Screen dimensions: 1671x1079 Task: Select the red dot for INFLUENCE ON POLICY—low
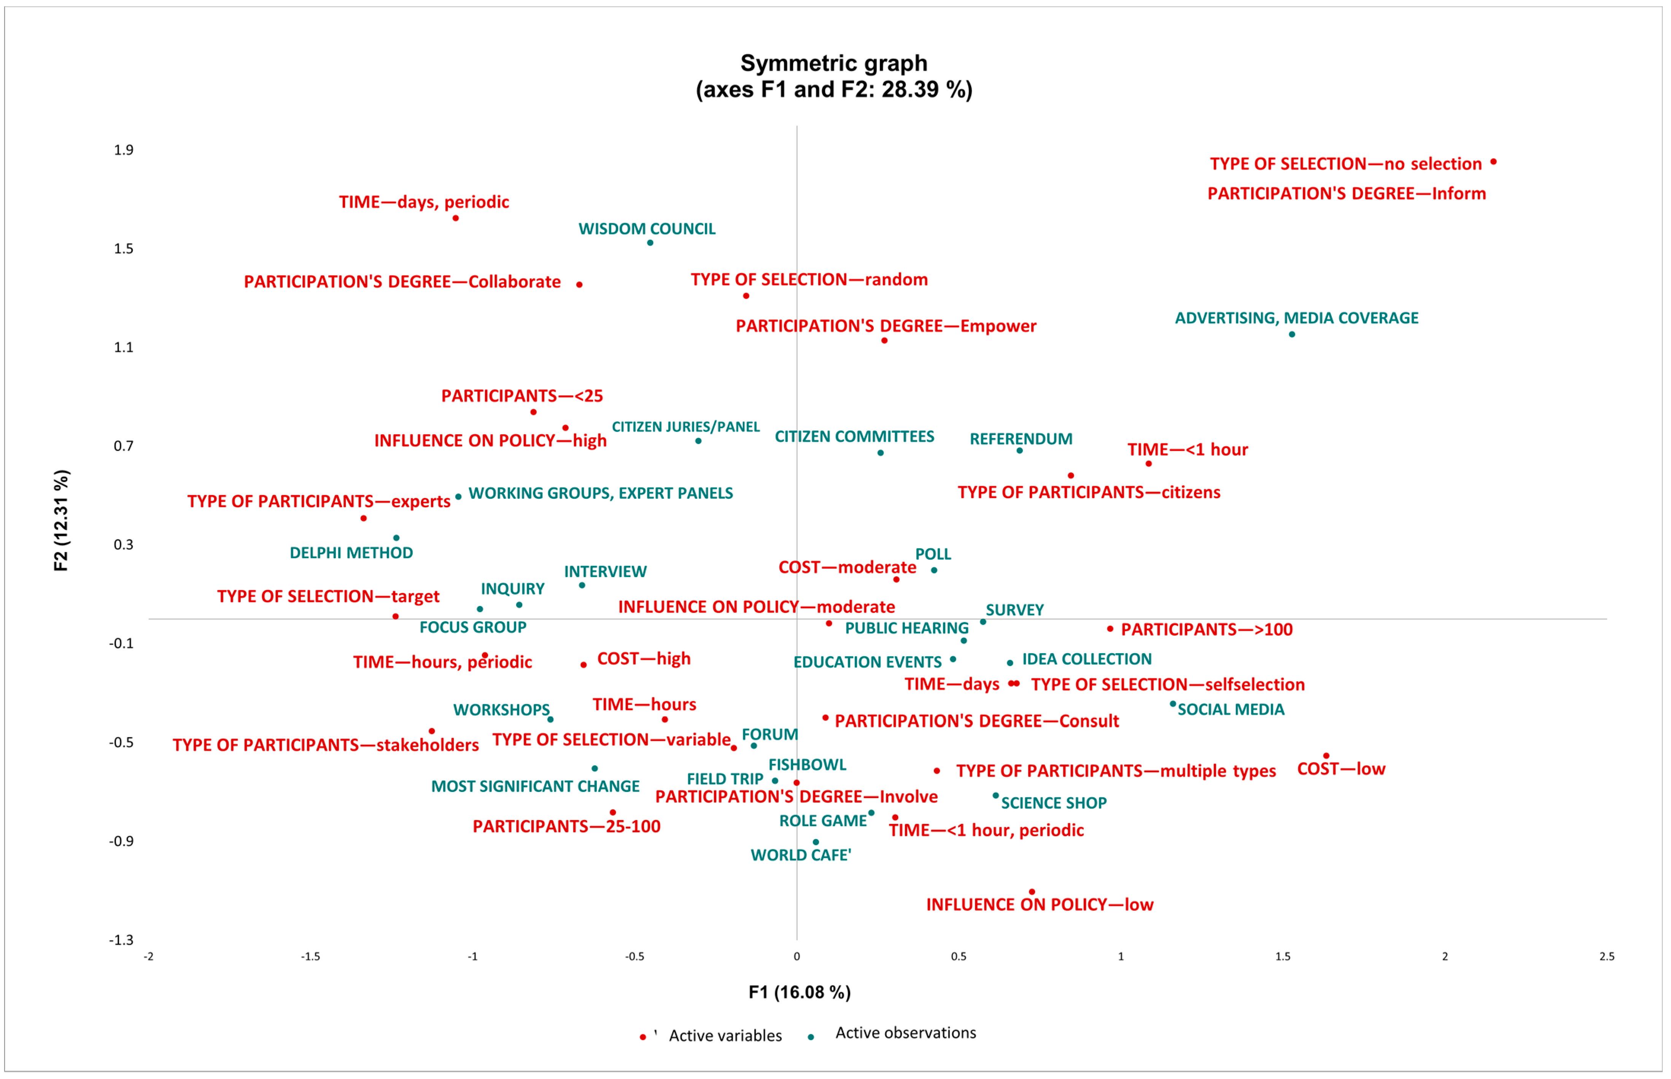1031,892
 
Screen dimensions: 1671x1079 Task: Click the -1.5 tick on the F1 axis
310,957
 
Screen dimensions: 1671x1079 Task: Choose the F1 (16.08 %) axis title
799,992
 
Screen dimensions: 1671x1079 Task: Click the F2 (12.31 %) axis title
62,520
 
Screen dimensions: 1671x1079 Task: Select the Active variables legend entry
725,1036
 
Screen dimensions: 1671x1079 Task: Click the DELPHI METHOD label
351,553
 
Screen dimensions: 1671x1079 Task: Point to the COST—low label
1341,769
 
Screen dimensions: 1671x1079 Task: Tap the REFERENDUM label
1021,439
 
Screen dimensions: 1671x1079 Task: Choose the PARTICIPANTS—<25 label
521,396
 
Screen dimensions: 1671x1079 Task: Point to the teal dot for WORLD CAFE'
815,842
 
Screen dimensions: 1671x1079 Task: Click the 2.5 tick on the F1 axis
1606,957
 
